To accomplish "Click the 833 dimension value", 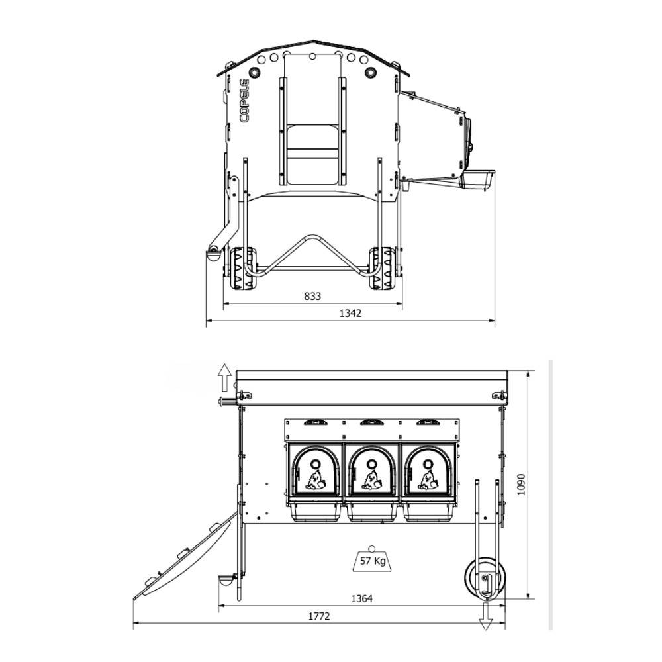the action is click(x=312, y=297).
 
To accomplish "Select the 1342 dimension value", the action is click(x=350, y=313).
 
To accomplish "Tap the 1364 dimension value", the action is click(x=362, y=598).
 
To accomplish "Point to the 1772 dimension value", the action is click(x=319, y=616).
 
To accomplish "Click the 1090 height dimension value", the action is click(x=521, y=485).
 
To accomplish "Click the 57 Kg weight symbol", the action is click(x=371, y=559).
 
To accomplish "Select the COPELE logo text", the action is click(x=244, y=101).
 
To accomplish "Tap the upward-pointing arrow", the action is click(x=224, y=377).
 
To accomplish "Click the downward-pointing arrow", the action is click(x=485, y=616).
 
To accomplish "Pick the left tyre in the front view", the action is click(x=243, y=268).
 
